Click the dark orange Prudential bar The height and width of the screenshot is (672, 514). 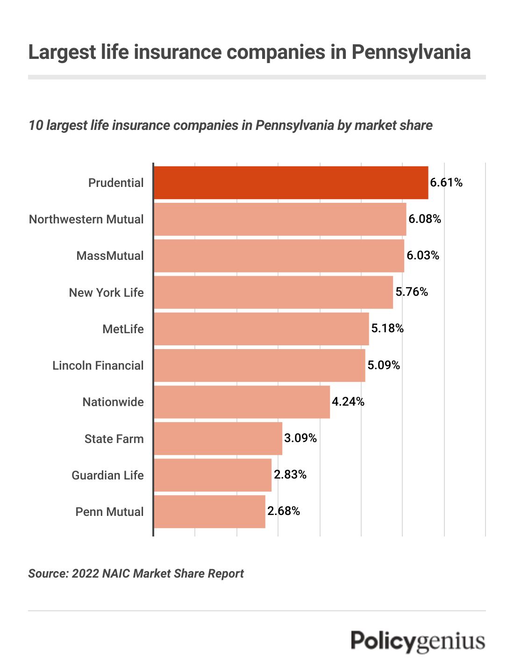pyautogui.click(x=291, y=183)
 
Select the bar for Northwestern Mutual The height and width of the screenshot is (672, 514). pyautogui.click(x=280, y=219)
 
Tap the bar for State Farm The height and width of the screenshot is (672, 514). pyautogui.click(x=218, y=438)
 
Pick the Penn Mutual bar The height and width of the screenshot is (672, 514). pyautogui.click(x=209, y=512)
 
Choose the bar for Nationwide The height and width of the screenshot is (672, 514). pyautogui.click(x=242, y=402)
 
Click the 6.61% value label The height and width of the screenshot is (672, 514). pyautogui.click(x=446, y=183)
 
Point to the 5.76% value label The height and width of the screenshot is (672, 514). pyautogui.click(x=411, y=292)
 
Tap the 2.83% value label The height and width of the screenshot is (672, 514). pyautogui.click(x=290, y=475)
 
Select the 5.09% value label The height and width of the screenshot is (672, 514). pyautogui.click(x=383, y=365)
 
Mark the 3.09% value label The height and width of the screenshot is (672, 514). pyautogui.click(x=300, y=438)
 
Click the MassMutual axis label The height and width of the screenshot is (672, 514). pyautogui.click(x=110, y=256)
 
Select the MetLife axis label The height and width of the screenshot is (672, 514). pyautogui.click(x=123, y=329)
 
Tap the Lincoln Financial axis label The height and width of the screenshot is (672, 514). pyautogui.click(x=98, y=365)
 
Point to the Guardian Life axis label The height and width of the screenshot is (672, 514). pyautogui.click(x=107, y=475)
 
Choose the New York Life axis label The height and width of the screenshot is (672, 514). pyautogui.click(x=106, y=293)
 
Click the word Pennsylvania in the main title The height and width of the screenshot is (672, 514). pyautogui.click(x=411, y=52)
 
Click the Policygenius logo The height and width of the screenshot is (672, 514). pyautogui.click(x=418, y=641)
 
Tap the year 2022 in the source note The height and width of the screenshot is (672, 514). pyautogui.click(x=86, y=573)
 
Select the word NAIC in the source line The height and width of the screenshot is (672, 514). pyautogui.click(x=117, y=573)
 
